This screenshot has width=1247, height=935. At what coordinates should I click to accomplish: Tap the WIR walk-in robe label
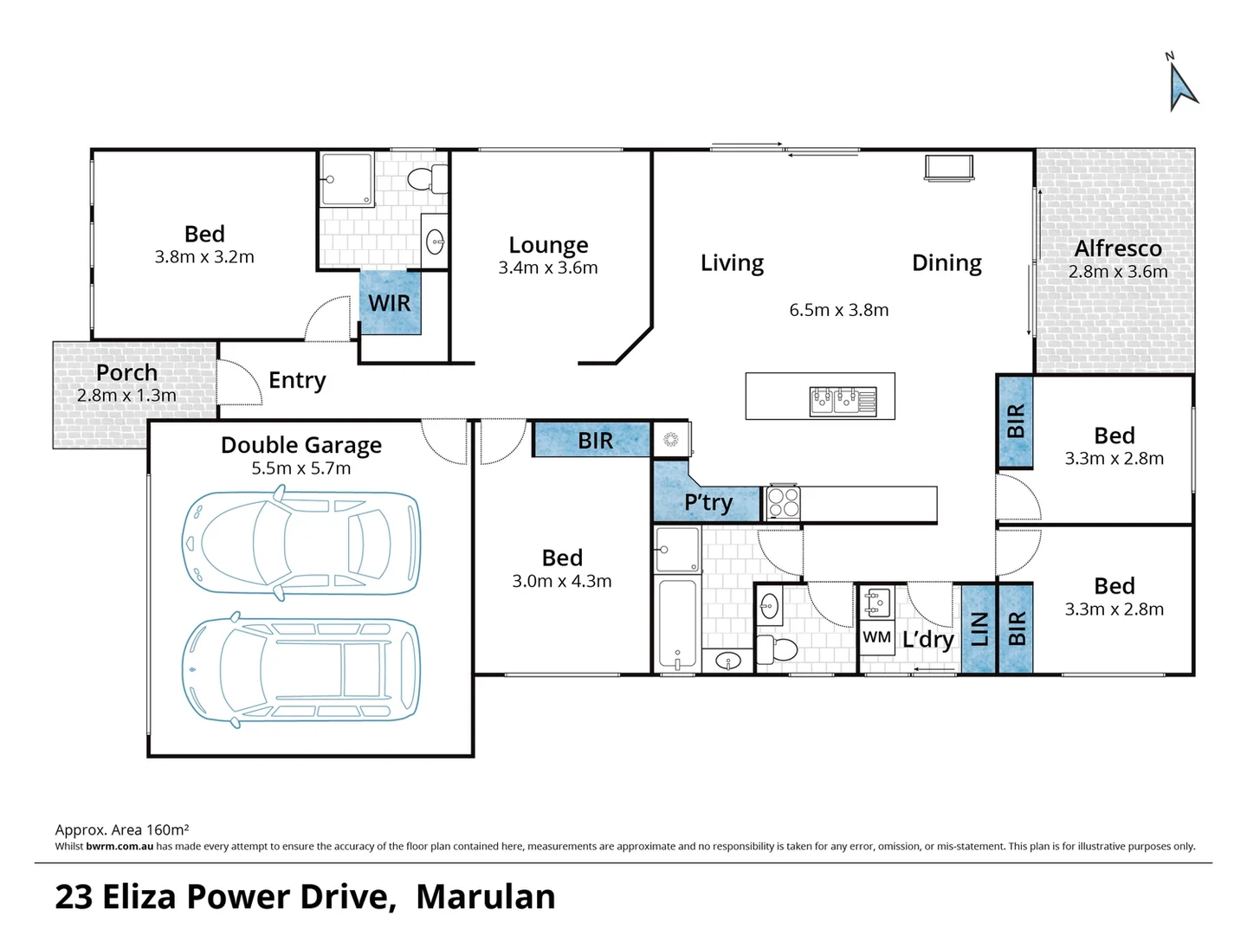click(x=390, y=303)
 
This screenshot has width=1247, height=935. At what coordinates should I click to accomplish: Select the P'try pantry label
click(x=707, y=502)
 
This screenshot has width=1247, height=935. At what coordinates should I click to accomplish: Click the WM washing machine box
click(x=876, y=637)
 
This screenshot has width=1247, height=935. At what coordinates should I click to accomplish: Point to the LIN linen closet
click(x=979, y=629)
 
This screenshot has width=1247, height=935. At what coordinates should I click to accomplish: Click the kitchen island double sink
click(x=843, y=401)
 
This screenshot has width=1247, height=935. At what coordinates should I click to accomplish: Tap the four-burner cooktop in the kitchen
click(x=784, y=502)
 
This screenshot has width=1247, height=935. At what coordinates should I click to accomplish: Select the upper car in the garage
click(x=301, y=543)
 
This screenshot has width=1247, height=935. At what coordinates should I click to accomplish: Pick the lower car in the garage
click(x=301, y=670)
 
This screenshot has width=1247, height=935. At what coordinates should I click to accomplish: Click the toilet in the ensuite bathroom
click(x=428, y=180)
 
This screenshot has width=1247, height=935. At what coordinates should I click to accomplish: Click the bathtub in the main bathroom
click(x=677, y=623)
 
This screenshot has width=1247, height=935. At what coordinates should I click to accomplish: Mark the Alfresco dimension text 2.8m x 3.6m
click(x=1117, y=272)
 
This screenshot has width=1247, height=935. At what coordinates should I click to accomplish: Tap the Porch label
click(x=126, y=372)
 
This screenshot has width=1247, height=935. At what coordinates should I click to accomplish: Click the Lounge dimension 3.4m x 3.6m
click(x=547, y=268)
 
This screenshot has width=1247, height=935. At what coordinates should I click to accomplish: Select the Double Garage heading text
click(x=300, y=445)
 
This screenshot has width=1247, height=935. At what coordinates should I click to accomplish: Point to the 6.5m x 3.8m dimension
click(x=838, y=310)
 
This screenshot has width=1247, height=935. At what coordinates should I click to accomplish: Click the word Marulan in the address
click(x=485, y=897)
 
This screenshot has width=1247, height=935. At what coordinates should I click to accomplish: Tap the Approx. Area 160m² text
click(x=122, y=829)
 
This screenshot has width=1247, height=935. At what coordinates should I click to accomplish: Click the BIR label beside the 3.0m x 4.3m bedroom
click(x=595, y=441)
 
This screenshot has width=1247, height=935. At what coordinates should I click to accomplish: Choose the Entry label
click(x=297, y=380)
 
